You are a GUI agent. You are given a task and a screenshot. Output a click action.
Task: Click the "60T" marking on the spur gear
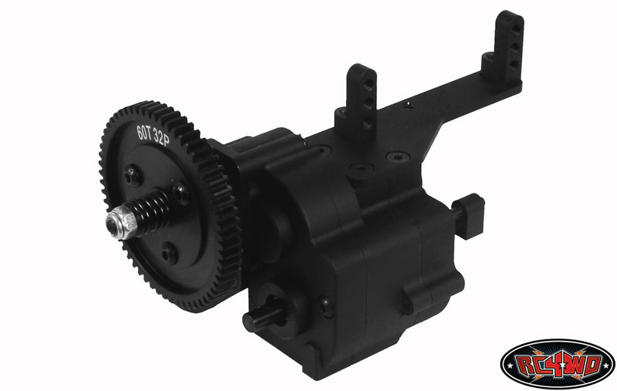(x=144, y=132)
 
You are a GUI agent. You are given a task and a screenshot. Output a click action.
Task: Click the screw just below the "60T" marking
(x=131, y=176)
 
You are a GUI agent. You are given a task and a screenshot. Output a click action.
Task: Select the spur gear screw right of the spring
(x=181, y=194)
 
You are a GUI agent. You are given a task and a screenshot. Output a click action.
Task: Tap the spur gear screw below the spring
(x=169, y=254)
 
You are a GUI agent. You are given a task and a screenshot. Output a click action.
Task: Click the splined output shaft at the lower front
(x=265, y=315)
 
